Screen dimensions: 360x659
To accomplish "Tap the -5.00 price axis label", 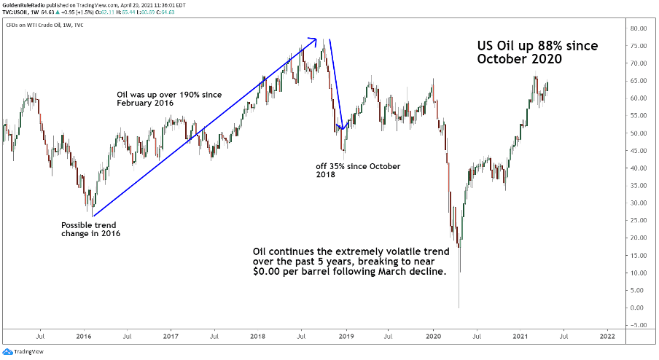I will tap(639, 325).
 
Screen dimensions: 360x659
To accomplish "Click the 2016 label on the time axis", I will tap(84, 337).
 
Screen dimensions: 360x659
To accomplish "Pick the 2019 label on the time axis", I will tap(346, 337).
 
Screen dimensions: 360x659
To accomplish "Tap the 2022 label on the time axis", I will tap(607, 337).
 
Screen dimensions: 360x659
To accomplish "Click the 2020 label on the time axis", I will tap(433, 337).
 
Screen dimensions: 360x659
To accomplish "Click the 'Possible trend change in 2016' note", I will tap(91, 230).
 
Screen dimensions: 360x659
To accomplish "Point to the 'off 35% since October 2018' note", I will tap(358, 171).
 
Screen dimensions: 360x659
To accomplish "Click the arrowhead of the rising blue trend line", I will tap(313, 39).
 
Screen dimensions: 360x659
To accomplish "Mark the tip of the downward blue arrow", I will tap(341, 128).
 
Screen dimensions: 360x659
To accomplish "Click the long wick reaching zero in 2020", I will tap(459, 291).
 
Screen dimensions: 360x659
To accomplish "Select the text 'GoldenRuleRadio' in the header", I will tap(29, 4).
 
